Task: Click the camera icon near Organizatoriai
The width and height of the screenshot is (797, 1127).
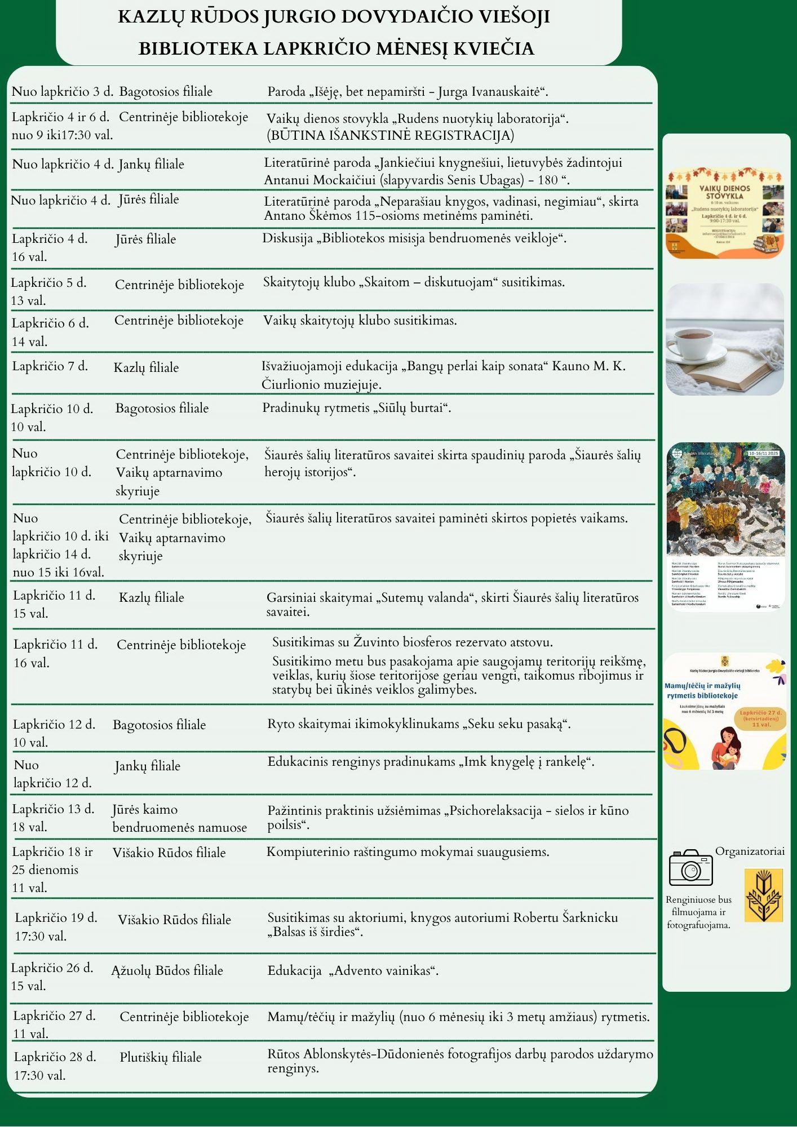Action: (x=690, y=868)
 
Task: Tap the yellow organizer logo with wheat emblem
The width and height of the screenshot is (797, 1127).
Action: (x=763, y=895)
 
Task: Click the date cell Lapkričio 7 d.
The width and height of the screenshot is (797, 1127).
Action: (x=50, y=366)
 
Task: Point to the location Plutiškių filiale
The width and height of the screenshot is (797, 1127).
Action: (x=161, y=1057)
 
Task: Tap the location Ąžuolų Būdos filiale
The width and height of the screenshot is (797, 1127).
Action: (x=167, y=970)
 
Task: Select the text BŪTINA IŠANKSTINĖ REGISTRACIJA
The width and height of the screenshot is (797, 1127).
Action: (x=390, y=135)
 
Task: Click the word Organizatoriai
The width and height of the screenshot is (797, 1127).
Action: (x=750, y=851)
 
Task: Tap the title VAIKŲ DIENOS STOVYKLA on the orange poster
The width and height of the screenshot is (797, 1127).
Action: (x=725, y=192)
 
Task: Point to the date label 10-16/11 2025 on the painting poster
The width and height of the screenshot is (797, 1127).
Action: (x=763, y=453)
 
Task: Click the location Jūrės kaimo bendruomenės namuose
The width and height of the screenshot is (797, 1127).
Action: (x=179, y=818)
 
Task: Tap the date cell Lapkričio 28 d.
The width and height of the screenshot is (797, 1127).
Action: (x=55, y=1057)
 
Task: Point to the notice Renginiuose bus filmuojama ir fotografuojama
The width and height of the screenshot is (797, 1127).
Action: (x=698, y=912)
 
